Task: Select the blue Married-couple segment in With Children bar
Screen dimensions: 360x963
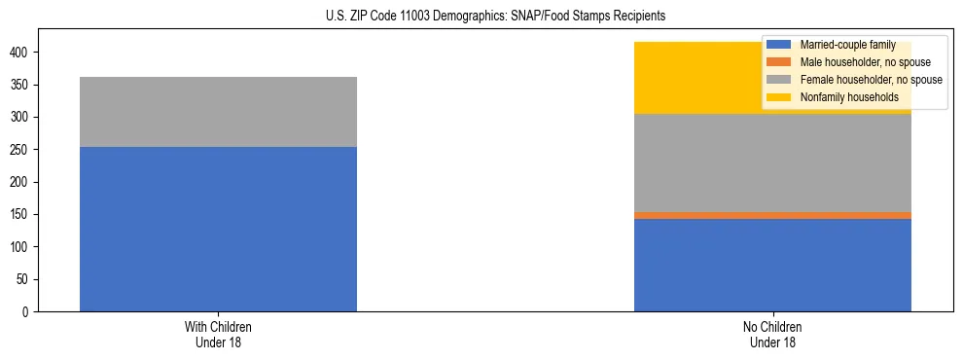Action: click(x=218, y=230)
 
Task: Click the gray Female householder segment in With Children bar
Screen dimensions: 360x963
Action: click(x=218, y=112)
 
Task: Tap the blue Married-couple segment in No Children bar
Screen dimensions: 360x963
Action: click(x=772, y=265)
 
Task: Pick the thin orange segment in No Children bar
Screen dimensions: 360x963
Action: click(x=772, y=215)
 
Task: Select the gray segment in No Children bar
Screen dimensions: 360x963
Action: click(x=772, y=163)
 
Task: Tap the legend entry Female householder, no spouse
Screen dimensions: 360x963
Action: click(x=871, y=80)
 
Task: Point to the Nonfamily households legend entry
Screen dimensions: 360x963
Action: click(x=849, y=97)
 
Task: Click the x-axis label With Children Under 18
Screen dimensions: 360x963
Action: click(x=218, y=334)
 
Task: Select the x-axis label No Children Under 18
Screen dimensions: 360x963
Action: click(x=772, y=334)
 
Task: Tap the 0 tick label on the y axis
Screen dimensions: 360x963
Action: click(x=27, y=311)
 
